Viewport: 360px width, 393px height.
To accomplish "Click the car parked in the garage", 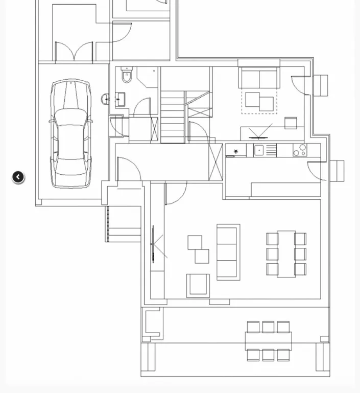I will [71, 134].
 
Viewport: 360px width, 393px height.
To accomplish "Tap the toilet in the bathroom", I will [127, 76].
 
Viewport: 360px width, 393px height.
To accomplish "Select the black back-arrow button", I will [18, 177].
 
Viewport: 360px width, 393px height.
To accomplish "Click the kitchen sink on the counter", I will [259, 150].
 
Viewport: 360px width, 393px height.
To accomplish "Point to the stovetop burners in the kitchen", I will [300, 150].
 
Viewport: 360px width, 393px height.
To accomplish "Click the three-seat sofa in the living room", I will [228, 252].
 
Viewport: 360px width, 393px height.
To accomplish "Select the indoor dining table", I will [286, 254].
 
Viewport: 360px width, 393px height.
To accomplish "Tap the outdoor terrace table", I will [268, 341].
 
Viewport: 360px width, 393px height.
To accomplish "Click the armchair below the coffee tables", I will [198, 285].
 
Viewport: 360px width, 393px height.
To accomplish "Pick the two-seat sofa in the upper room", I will [259, 78].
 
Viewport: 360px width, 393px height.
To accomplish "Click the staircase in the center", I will [173, 117].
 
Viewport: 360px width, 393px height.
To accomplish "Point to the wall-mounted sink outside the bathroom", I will [105, 99].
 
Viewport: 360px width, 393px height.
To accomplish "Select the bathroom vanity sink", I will [120, 99].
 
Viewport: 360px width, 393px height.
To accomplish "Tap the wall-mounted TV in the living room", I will [153, 244].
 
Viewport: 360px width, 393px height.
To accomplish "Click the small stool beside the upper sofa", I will [291, 123].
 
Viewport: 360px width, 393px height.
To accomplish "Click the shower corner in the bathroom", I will [148, 77].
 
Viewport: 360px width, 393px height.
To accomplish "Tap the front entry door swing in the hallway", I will [129, 169].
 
